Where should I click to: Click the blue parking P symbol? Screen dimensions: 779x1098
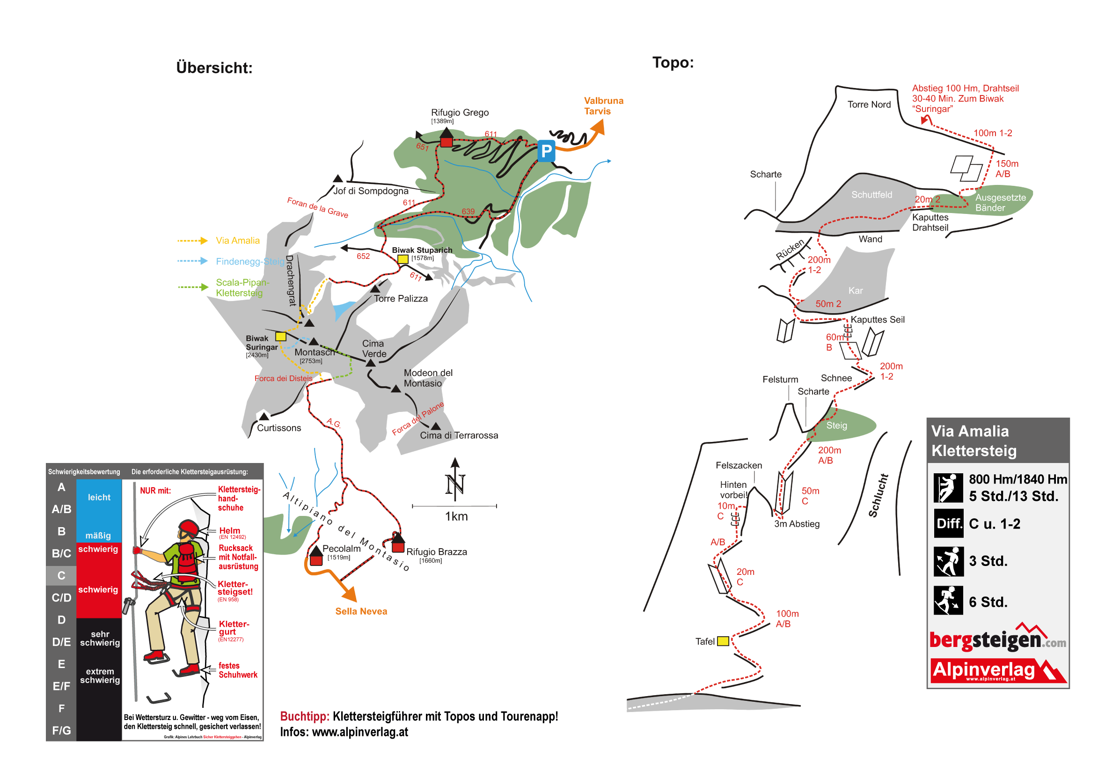click(x=546, y=151)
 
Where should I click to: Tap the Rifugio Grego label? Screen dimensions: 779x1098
click(x=459, y=112)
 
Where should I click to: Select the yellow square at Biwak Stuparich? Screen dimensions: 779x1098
click(x=403, y=259)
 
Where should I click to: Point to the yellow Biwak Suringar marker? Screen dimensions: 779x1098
click(x=280, y=337)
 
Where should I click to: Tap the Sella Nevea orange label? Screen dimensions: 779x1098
click(x=361, y=611)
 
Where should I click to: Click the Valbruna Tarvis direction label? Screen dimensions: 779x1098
click(x=603, y=106)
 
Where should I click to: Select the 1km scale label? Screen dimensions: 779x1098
click(x=456, y=517)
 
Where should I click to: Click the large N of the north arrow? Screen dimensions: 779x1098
click(x=454, y=485)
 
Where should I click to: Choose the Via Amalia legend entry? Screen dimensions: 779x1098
click(x=237, y=241)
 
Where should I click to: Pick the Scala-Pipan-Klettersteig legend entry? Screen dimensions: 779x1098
click(x=242, y=288)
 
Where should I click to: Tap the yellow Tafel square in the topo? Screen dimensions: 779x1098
click(x=723, y=641)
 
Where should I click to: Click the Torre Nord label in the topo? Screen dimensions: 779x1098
click(x=869, y=104)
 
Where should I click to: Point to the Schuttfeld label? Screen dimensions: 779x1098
click(x=871, y=195)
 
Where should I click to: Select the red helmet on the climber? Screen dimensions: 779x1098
click(x=189, y=528)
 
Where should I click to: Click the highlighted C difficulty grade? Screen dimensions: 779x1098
click(x=61, y=576)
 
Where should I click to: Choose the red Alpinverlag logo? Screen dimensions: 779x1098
click(x=997, y=670)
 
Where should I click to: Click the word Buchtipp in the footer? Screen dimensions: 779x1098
click(x=305, y=717)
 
